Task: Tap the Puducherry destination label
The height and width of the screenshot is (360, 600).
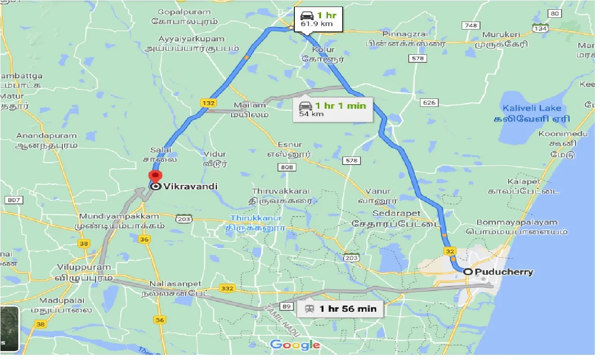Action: click(x=504, y=272)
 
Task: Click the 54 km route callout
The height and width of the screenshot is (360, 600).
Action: click(x=333, y=109)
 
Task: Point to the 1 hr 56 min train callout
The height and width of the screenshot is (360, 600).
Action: click(x=340, y=309)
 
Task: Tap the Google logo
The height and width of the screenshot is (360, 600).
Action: click(x=295, y=345)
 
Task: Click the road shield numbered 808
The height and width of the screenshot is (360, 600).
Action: click(x=288, y=167)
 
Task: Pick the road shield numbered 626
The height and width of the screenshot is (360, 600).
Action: click(x=429, y=103)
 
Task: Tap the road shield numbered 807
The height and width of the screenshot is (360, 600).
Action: click(x=14, y=200)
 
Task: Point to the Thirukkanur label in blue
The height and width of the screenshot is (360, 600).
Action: click(x=255, y=218)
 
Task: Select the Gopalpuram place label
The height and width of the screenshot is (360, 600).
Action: click(x=185, y=11)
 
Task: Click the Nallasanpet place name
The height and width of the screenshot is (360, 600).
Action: click(x=175, y=284)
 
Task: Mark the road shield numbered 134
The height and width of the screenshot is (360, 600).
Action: click(x=540, y=29)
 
